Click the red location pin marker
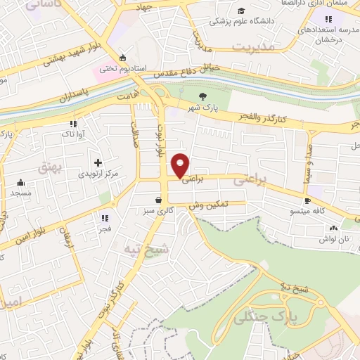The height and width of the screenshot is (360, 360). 181,165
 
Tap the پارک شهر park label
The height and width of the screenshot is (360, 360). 205,108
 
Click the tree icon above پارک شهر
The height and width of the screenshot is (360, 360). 204,96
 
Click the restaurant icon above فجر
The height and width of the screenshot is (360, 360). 104,218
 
